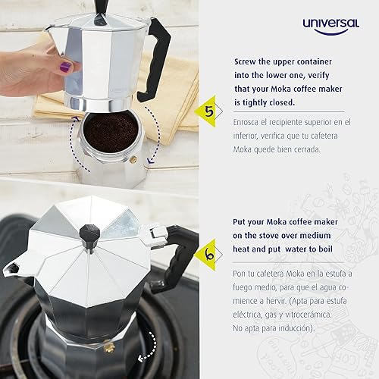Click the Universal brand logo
pos(330,26)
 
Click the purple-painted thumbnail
pos(65,67)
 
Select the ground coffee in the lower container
pos(111,130)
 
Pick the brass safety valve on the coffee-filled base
pos(134,160)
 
